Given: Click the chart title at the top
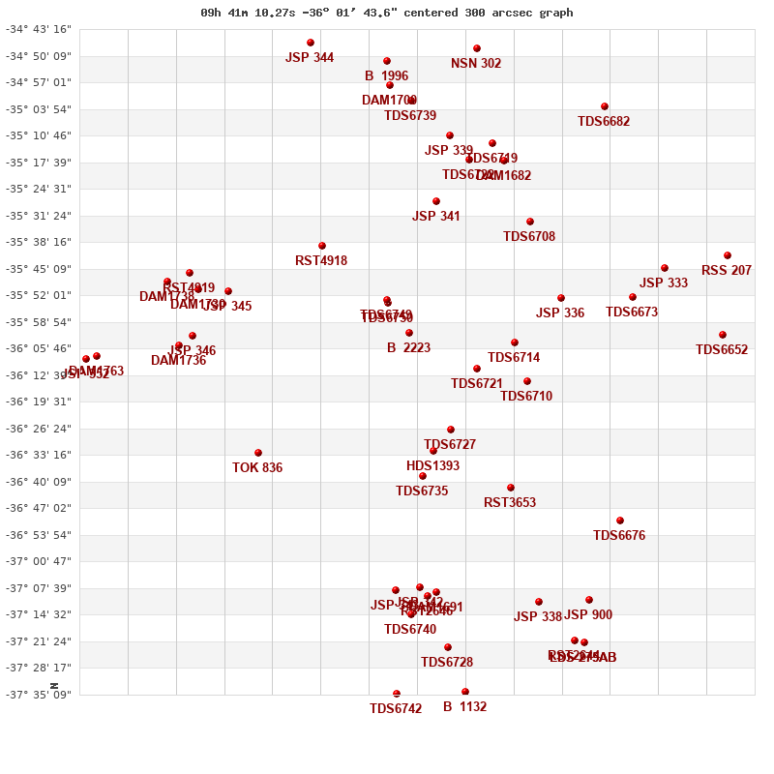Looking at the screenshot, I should [387, 13].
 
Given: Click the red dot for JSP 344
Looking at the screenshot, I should [311, 43].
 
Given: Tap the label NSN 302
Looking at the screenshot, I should [476, 64].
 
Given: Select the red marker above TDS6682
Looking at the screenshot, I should [605, 106].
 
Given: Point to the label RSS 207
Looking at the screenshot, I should [727, 271].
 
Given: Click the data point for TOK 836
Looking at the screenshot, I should [258, 453].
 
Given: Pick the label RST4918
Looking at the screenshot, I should [321, 261].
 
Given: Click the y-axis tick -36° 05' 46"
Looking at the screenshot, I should [39, 348].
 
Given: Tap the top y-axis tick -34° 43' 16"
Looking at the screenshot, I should [39, 29].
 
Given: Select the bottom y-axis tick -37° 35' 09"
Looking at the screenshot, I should [39, 695].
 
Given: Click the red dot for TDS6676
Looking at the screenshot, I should [620, 521].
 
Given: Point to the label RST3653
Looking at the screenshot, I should [510, 503].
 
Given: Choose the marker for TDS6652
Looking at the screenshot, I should [723, 335].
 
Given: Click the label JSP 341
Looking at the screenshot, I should [436, 217].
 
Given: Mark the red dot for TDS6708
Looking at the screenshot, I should [530, 222].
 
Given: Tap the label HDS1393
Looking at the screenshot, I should [432, 466].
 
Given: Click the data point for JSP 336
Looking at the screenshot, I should [561, 298].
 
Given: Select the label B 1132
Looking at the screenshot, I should [464, 707].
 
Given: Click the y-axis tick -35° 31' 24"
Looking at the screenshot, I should [39, 216].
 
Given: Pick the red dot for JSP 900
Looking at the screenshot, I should [589, 600].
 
